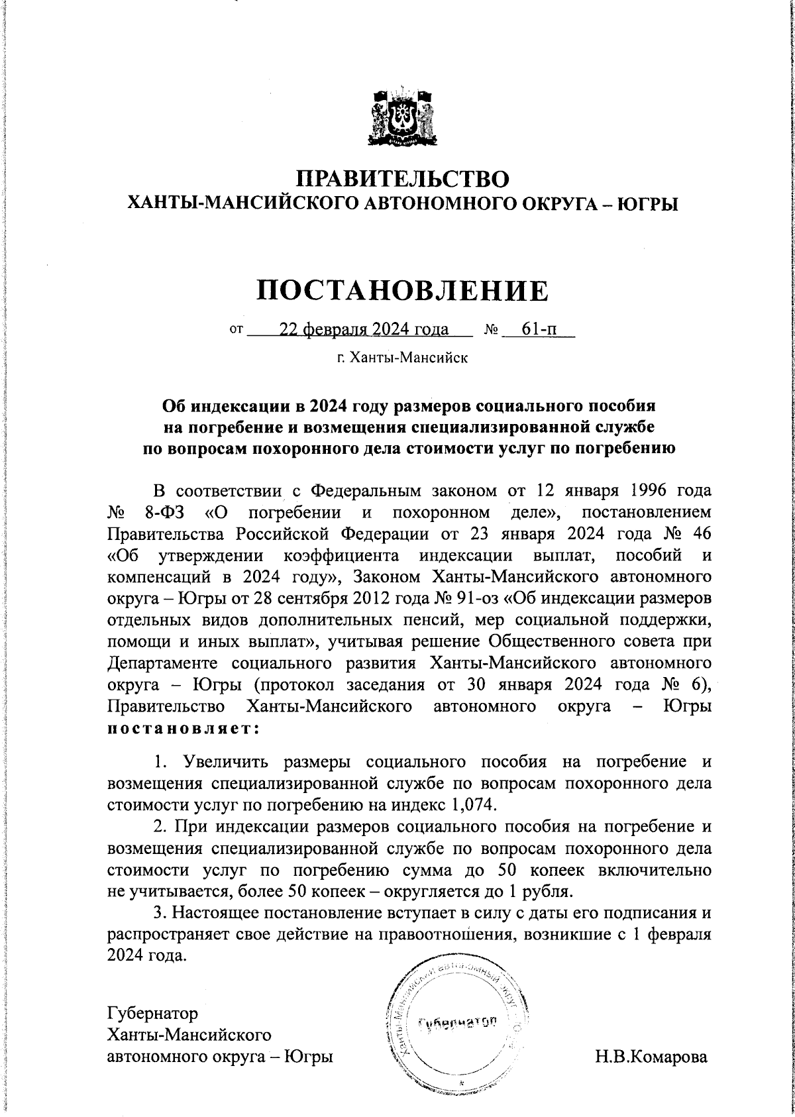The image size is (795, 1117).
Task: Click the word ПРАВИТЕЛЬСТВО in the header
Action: pyautogui.click(x=403, y=180)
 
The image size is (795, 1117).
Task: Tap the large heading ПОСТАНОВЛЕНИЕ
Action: pyautogui.click(x=403, y=291)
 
